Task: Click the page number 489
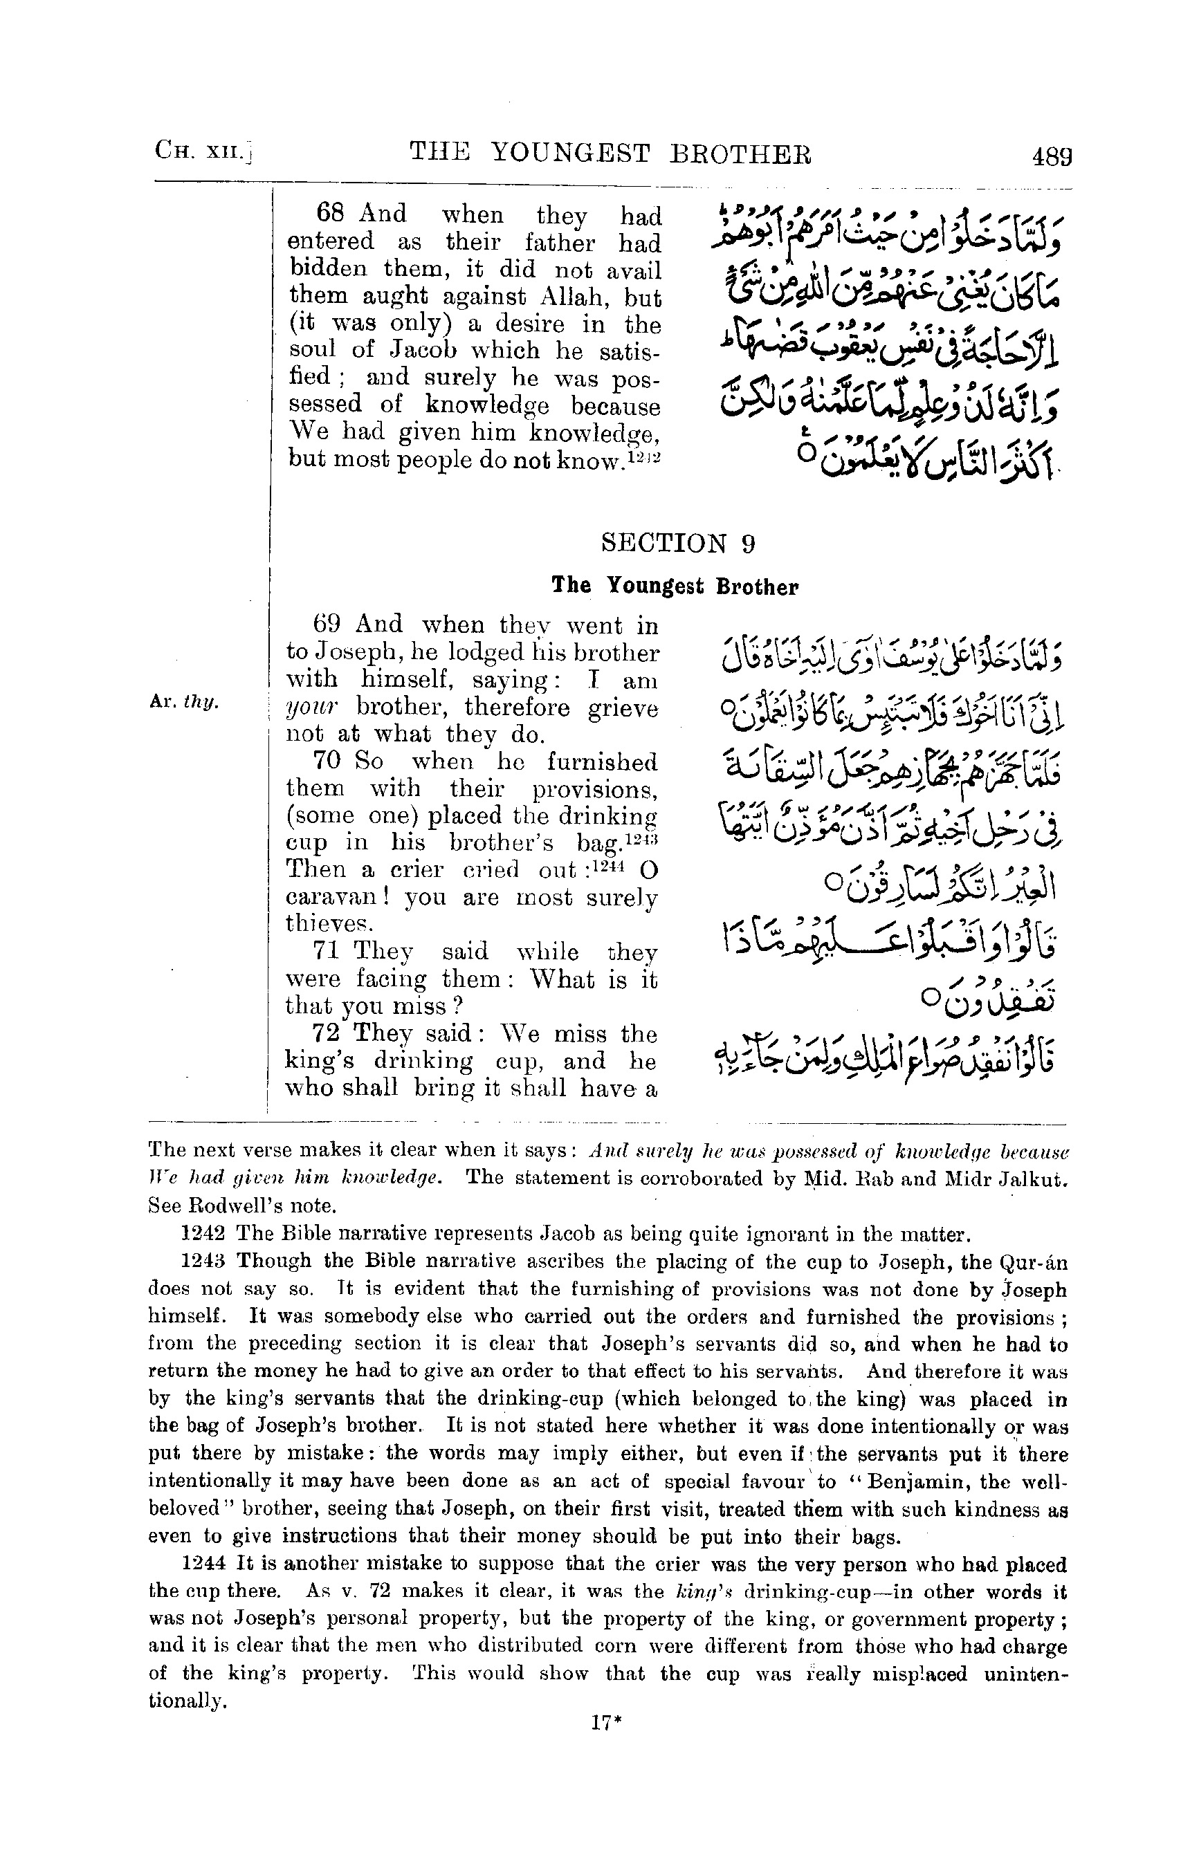(x=1052, y=157)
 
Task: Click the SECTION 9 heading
(x=678, y=543)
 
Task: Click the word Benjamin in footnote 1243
(x=899, y=1481)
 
